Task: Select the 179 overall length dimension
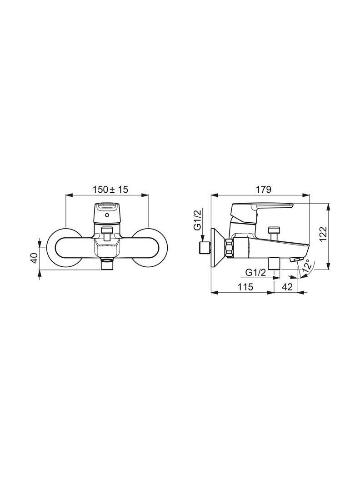pyautogui.click(x=264, y=190)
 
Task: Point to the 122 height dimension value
pyautogui.click(x=323, y=234)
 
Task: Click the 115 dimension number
pyautogui.click(x=245, y=287)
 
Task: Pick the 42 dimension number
pyautogui.click(x=287, y=287)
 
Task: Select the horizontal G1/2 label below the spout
pyautogui.click(x=255, y=272)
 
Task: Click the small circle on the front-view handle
pyautogui.click(x=106, y=215)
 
